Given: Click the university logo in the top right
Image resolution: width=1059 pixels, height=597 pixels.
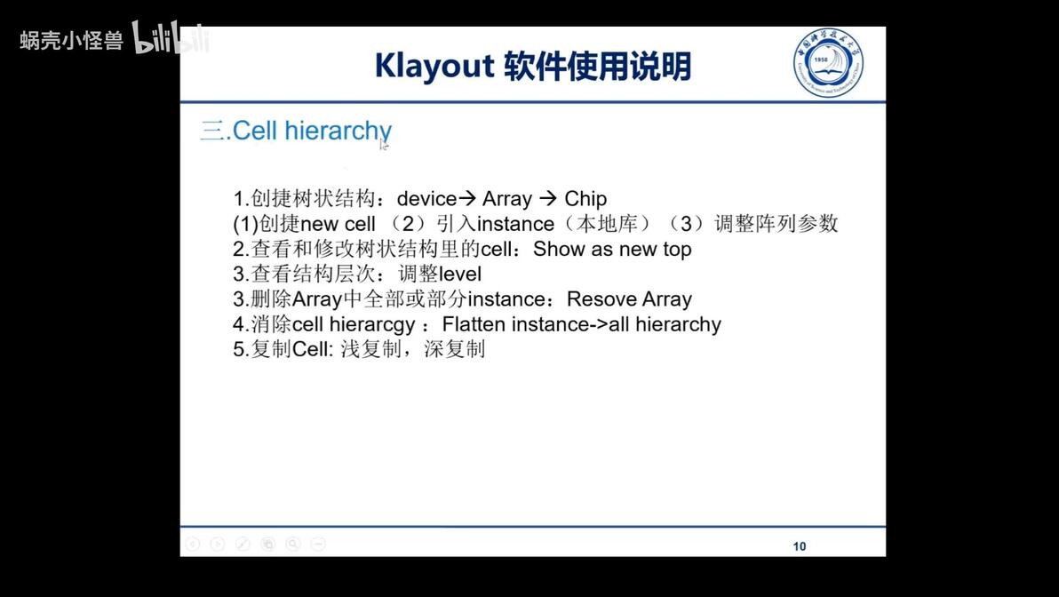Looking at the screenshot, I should [x=828, y=61].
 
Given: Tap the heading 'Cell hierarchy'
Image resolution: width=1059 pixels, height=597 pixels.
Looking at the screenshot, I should [x=311, y=131].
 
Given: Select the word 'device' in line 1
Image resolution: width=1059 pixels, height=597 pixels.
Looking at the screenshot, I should [x=426, y=199].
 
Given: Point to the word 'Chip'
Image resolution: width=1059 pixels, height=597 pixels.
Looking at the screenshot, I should [x=585, y=199].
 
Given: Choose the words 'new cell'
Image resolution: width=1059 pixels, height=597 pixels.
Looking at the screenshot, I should [x=338, y=224].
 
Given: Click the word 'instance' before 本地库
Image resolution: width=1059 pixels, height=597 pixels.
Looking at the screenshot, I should [x=515, y=224].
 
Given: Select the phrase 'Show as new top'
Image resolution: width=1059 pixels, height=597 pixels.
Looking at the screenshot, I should [x=612, y=250].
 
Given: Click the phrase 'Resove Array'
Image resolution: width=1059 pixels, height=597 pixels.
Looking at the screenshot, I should [x=629, y=299].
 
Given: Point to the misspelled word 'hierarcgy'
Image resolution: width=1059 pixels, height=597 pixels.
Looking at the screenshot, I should [x=372, y=325].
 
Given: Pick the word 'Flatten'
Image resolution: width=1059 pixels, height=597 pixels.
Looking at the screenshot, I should [x=474, y=324].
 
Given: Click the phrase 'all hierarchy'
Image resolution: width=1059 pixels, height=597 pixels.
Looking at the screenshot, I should [x=665, y=324].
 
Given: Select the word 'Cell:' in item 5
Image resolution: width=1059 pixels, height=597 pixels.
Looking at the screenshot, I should [x=313, y=350].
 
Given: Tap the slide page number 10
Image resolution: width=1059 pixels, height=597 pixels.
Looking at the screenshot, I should [x=800, y=546].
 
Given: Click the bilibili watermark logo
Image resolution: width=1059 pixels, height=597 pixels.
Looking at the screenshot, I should [x=171, y=37].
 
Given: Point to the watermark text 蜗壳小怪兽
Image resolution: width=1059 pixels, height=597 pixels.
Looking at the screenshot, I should [x=71, y=40].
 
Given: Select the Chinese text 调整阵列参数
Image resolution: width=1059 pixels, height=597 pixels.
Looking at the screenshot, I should [x=776, y=224].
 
